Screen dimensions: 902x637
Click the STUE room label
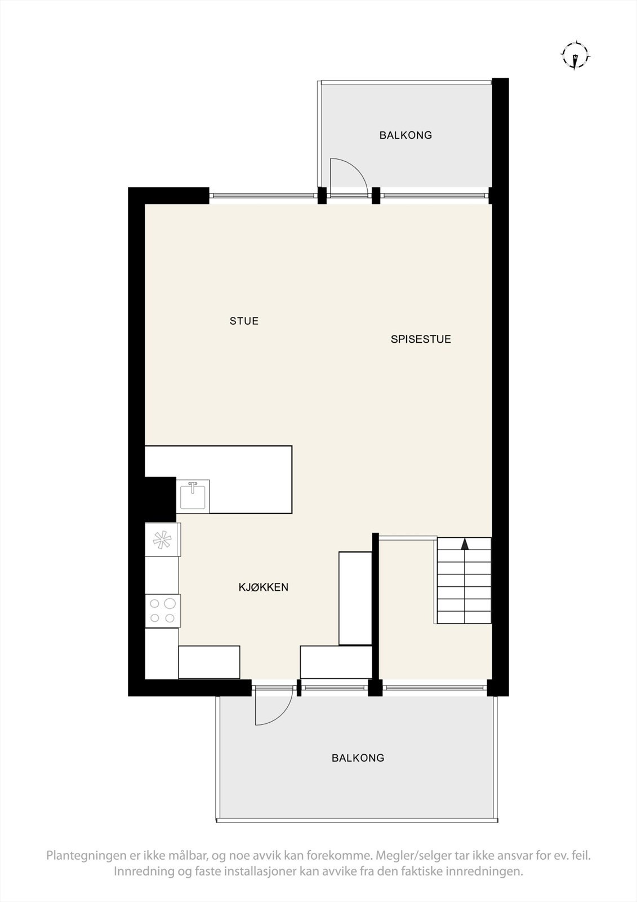244,321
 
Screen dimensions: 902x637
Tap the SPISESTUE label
421,339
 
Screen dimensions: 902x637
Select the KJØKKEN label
263,587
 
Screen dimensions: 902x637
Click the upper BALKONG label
405,135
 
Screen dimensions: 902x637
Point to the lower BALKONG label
358,758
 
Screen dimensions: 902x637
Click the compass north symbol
575,56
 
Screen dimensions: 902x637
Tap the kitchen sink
193,496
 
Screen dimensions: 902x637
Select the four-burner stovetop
163,611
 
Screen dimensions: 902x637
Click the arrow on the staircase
465,544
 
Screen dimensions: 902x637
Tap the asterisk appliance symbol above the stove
163,540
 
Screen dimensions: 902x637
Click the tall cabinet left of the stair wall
355,598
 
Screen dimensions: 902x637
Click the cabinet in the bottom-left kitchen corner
209,662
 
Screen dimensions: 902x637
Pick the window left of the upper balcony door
263,196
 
